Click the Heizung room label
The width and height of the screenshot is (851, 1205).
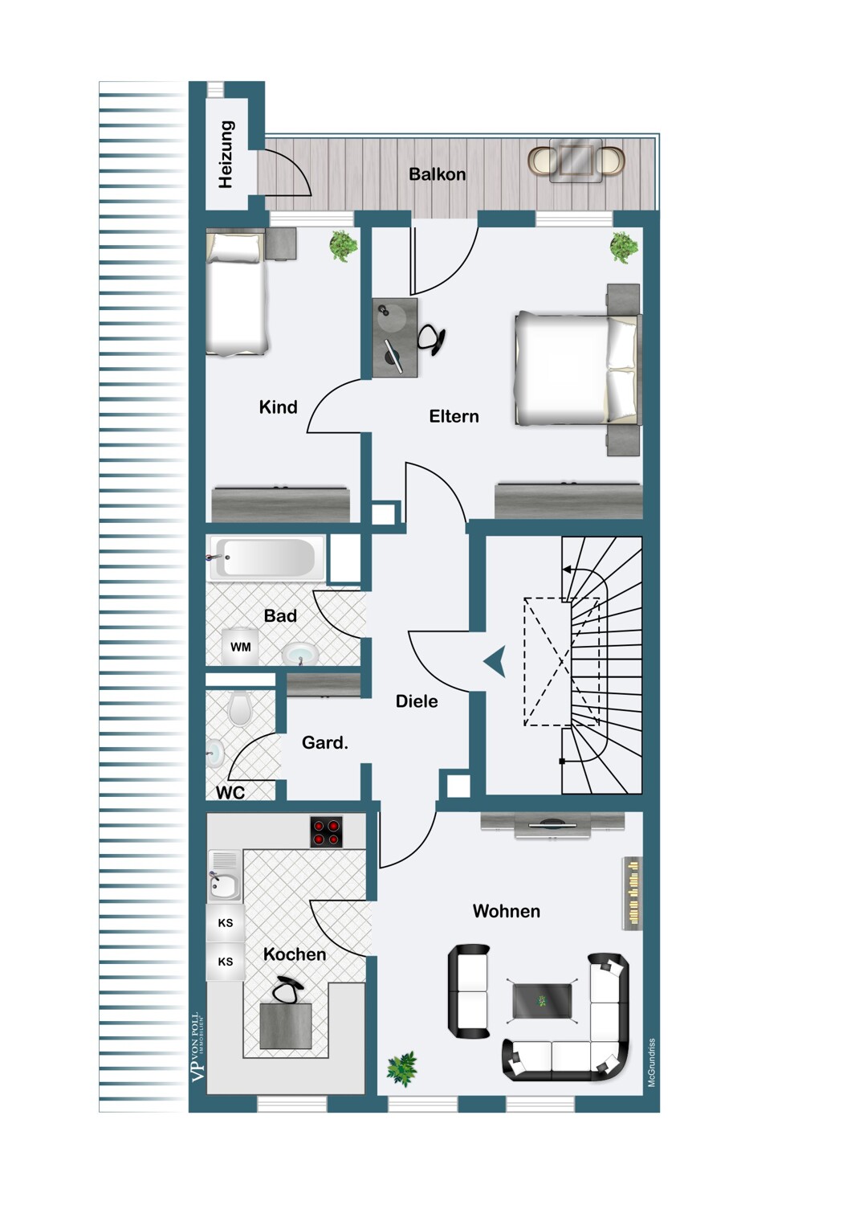click(226, 154)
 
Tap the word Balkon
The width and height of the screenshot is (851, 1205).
click(437, 174)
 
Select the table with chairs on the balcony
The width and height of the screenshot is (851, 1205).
click(576, 160)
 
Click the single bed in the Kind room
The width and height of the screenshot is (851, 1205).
click(235, 294)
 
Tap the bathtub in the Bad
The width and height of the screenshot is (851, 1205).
click(268, 558)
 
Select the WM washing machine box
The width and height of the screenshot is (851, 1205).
click(240, 647)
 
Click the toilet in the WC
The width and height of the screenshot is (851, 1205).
click(240, 708)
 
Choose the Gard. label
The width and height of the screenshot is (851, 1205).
click(324, 743)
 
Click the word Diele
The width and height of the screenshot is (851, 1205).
click(417, 701)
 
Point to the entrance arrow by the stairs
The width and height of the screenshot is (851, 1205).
click(495, 662)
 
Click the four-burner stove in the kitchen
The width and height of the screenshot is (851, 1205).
click(327, 832)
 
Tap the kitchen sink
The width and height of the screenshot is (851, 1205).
click(224, 882)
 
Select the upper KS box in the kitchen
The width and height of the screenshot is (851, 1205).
click(226, 923)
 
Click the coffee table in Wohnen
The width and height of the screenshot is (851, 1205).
click(542, 1000)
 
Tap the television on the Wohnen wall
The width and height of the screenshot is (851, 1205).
click(552, 823)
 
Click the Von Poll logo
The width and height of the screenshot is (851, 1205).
click(197, 1047)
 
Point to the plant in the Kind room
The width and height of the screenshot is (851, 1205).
click(344, 245)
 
